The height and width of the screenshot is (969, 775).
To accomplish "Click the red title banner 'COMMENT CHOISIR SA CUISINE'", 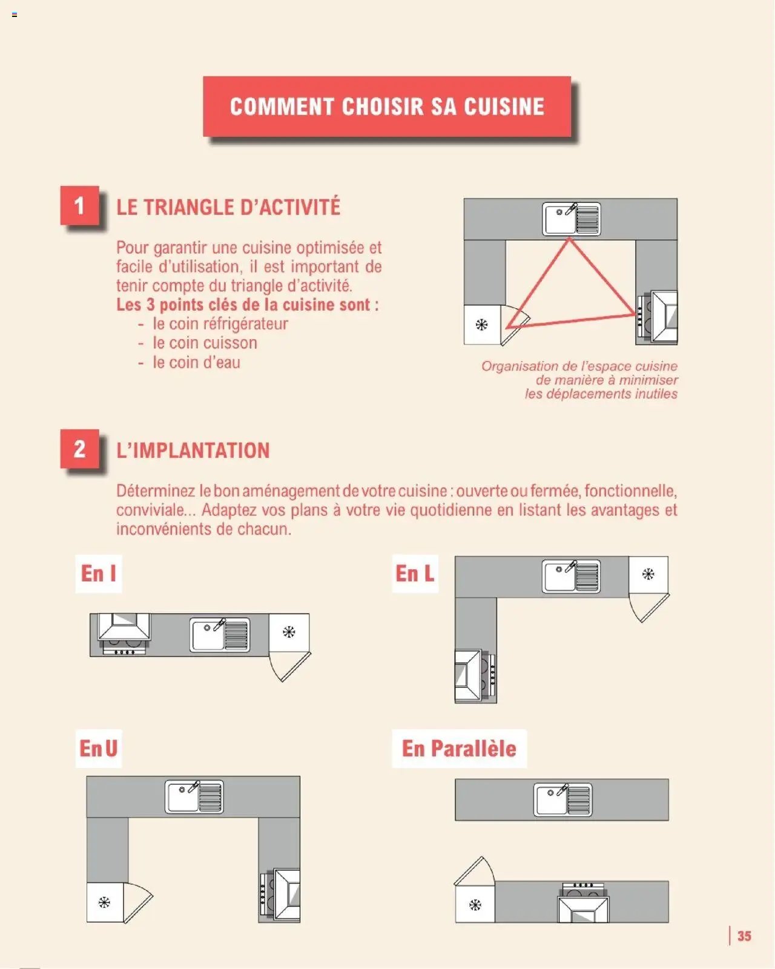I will click(387, 107).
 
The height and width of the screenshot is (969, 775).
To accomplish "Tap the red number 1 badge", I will click(79, 206).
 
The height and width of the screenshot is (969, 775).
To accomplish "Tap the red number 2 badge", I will click(79, 449).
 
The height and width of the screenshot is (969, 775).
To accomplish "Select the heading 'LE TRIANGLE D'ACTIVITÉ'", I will click(228, 207).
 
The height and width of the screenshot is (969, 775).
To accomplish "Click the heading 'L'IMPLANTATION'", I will click(193, 451).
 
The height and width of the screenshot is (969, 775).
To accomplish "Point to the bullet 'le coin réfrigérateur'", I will click(220, 324).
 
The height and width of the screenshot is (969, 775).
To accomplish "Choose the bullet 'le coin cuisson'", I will click(205, 343).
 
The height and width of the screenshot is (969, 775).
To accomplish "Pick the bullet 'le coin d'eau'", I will click(196, 363).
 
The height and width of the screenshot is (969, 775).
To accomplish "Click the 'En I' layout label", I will click(98, 574).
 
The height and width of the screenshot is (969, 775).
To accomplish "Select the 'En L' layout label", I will click(415, 574).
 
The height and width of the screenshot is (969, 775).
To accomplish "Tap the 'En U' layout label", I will click(98, 749).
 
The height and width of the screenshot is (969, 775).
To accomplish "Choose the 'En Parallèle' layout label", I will click(459, 749).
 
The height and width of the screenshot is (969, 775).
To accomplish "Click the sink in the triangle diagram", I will click(572, 219).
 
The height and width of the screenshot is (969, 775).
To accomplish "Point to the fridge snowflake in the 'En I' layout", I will click(289, 632).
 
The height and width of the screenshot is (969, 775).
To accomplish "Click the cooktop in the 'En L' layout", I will click(476, 675).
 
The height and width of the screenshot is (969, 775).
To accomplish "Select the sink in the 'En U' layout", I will click(194, 797).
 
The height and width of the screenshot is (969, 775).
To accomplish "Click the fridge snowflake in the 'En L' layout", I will click(648, 574).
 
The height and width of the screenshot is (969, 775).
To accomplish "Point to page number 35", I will click(744, 936).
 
